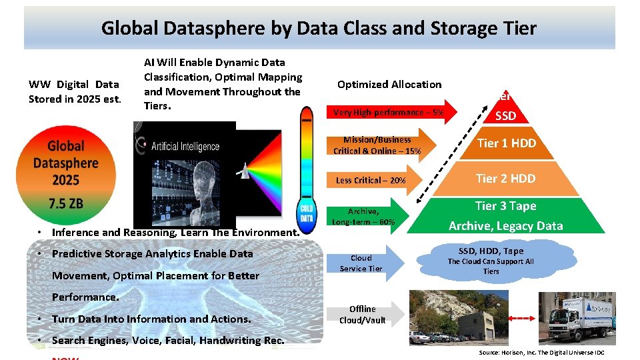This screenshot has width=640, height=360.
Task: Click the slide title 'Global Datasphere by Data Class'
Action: pyautogui.click(x=319, y=28)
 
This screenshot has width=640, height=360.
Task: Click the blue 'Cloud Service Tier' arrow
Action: pyautogui.click(x=363, y=263)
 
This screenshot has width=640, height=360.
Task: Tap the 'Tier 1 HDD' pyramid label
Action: pyautogui.click(x=506, y=143)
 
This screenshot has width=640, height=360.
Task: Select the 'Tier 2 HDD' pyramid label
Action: pyautogui.click(x=505, y=178)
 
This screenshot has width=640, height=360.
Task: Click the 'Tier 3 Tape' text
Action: pyautogui.click(x=505, y=206)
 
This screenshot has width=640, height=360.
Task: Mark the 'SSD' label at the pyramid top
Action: pyautogui.click(x=505, y=116)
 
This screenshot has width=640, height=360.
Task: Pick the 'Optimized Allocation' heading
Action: pyautogui.click(x=389, y=85)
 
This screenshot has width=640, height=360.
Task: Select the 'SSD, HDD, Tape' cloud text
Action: pyautogui.click(x=491, y=251)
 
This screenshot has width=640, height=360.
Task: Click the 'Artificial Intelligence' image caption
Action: pyautogui.click(x=185, y=146)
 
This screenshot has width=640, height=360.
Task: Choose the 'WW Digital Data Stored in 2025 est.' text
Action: pyautogui.click(x=75, y=92)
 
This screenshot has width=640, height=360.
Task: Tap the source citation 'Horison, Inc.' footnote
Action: pyautogui.click(x=541, y=352)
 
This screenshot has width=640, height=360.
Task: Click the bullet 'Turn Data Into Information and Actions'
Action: pyautogui.click(x=151, y=319)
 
